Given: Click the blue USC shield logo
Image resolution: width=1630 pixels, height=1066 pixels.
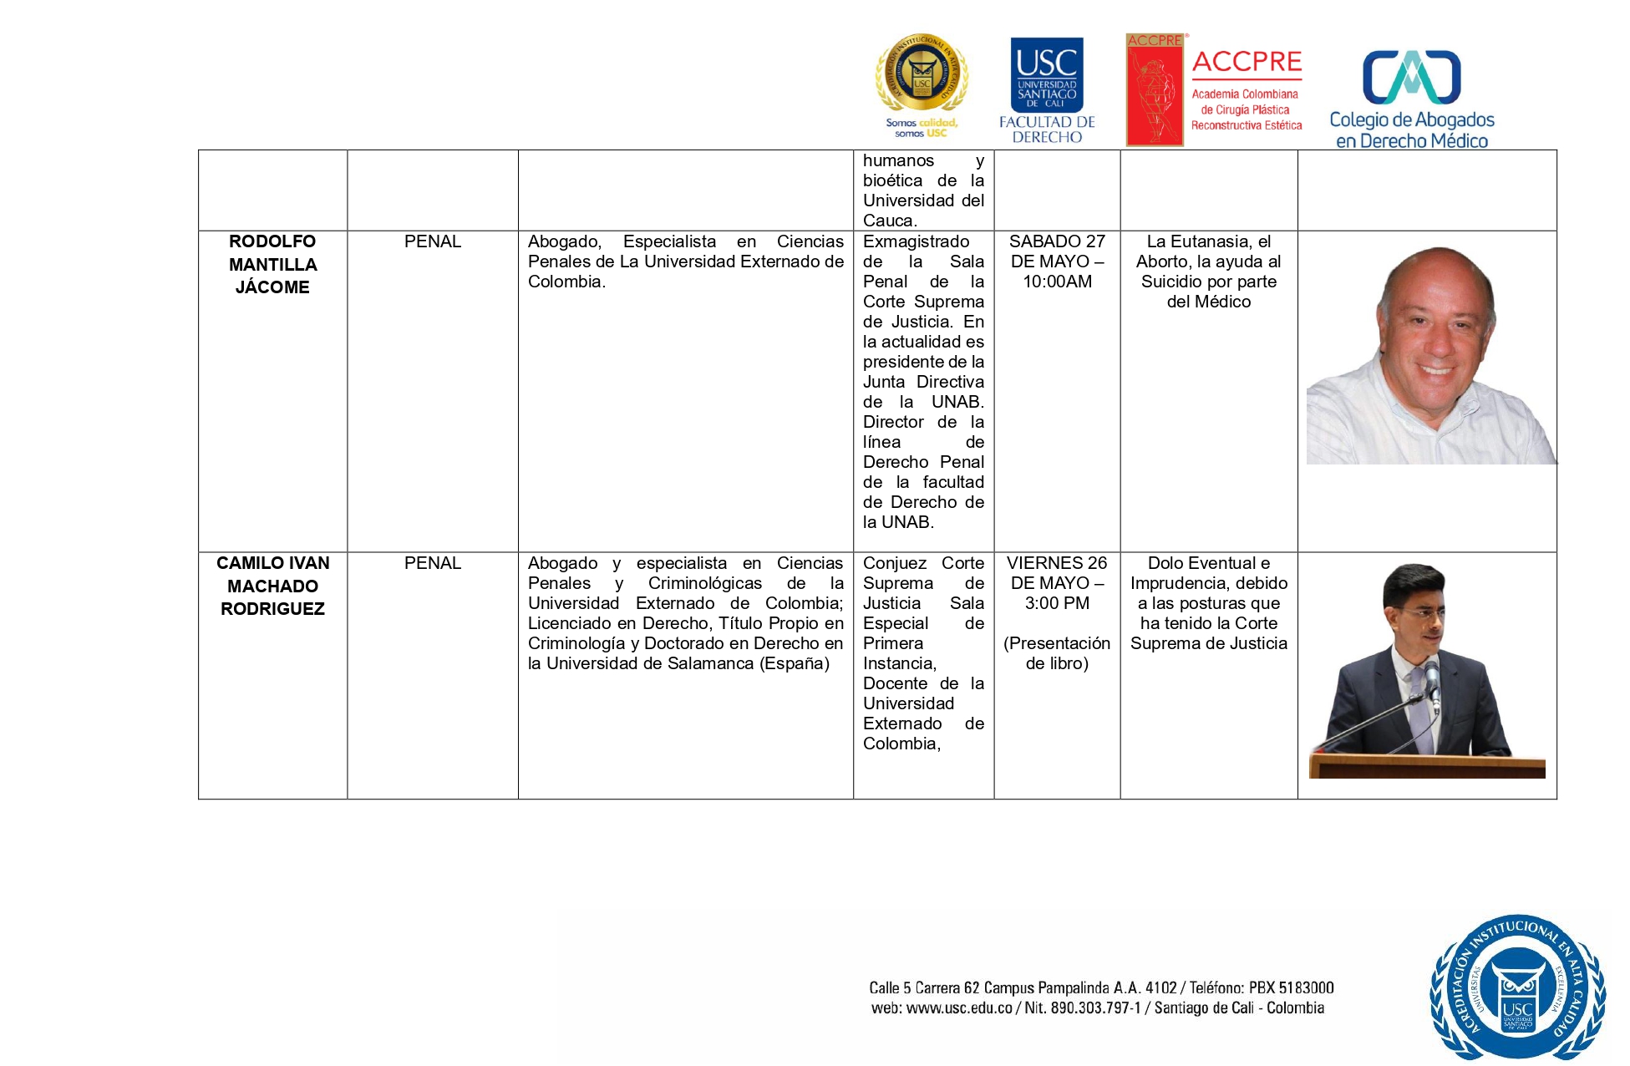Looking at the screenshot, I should coord(1047,75).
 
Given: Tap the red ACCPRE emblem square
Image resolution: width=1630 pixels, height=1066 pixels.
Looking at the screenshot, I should coord(1155,90).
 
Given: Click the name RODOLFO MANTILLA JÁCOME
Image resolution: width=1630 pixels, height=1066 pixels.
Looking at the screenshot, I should coord(272,264).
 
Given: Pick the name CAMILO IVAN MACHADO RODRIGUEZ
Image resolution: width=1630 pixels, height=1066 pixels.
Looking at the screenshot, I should coord(272,586).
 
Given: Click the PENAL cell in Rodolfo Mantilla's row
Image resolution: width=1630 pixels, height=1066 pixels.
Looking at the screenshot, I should coord(432,241).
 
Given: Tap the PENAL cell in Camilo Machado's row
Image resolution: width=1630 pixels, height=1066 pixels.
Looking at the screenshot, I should coord(432,563).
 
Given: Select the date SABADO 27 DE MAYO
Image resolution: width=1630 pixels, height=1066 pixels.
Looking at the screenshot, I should coord(1057,251).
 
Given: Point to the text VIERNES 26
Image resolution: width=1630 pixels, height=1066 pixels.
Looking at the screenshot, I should coord(1057,563).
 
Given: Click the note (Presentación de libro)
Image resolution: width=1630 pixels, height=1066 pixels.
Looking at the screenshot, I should coord(1057,653).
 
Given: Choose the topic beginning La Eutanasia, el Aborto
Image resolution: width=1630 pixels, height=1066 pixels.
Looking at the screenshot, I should coord(1208,272).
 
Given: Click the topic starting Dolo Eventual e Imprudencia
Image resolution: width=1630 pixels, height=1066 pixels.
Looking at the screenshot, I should coord(1208,603).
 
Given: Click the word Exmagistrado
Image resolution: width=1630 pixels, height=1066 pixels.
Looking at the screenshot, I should coord(916,241).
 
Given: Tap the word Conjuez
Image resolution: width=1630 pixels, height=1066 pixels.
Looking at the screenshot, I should coord(894,563).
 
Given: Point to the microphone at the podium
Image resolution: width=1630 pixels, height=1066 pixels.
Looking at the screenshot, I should coord(1432,677).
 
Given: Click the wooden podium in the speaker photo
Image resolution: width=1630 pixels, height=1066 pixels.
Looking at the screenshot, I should coord(1426,767).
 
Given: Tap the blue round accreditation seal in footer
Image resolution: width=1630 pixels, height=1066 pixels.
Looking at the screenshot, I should coord(1517,987).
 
